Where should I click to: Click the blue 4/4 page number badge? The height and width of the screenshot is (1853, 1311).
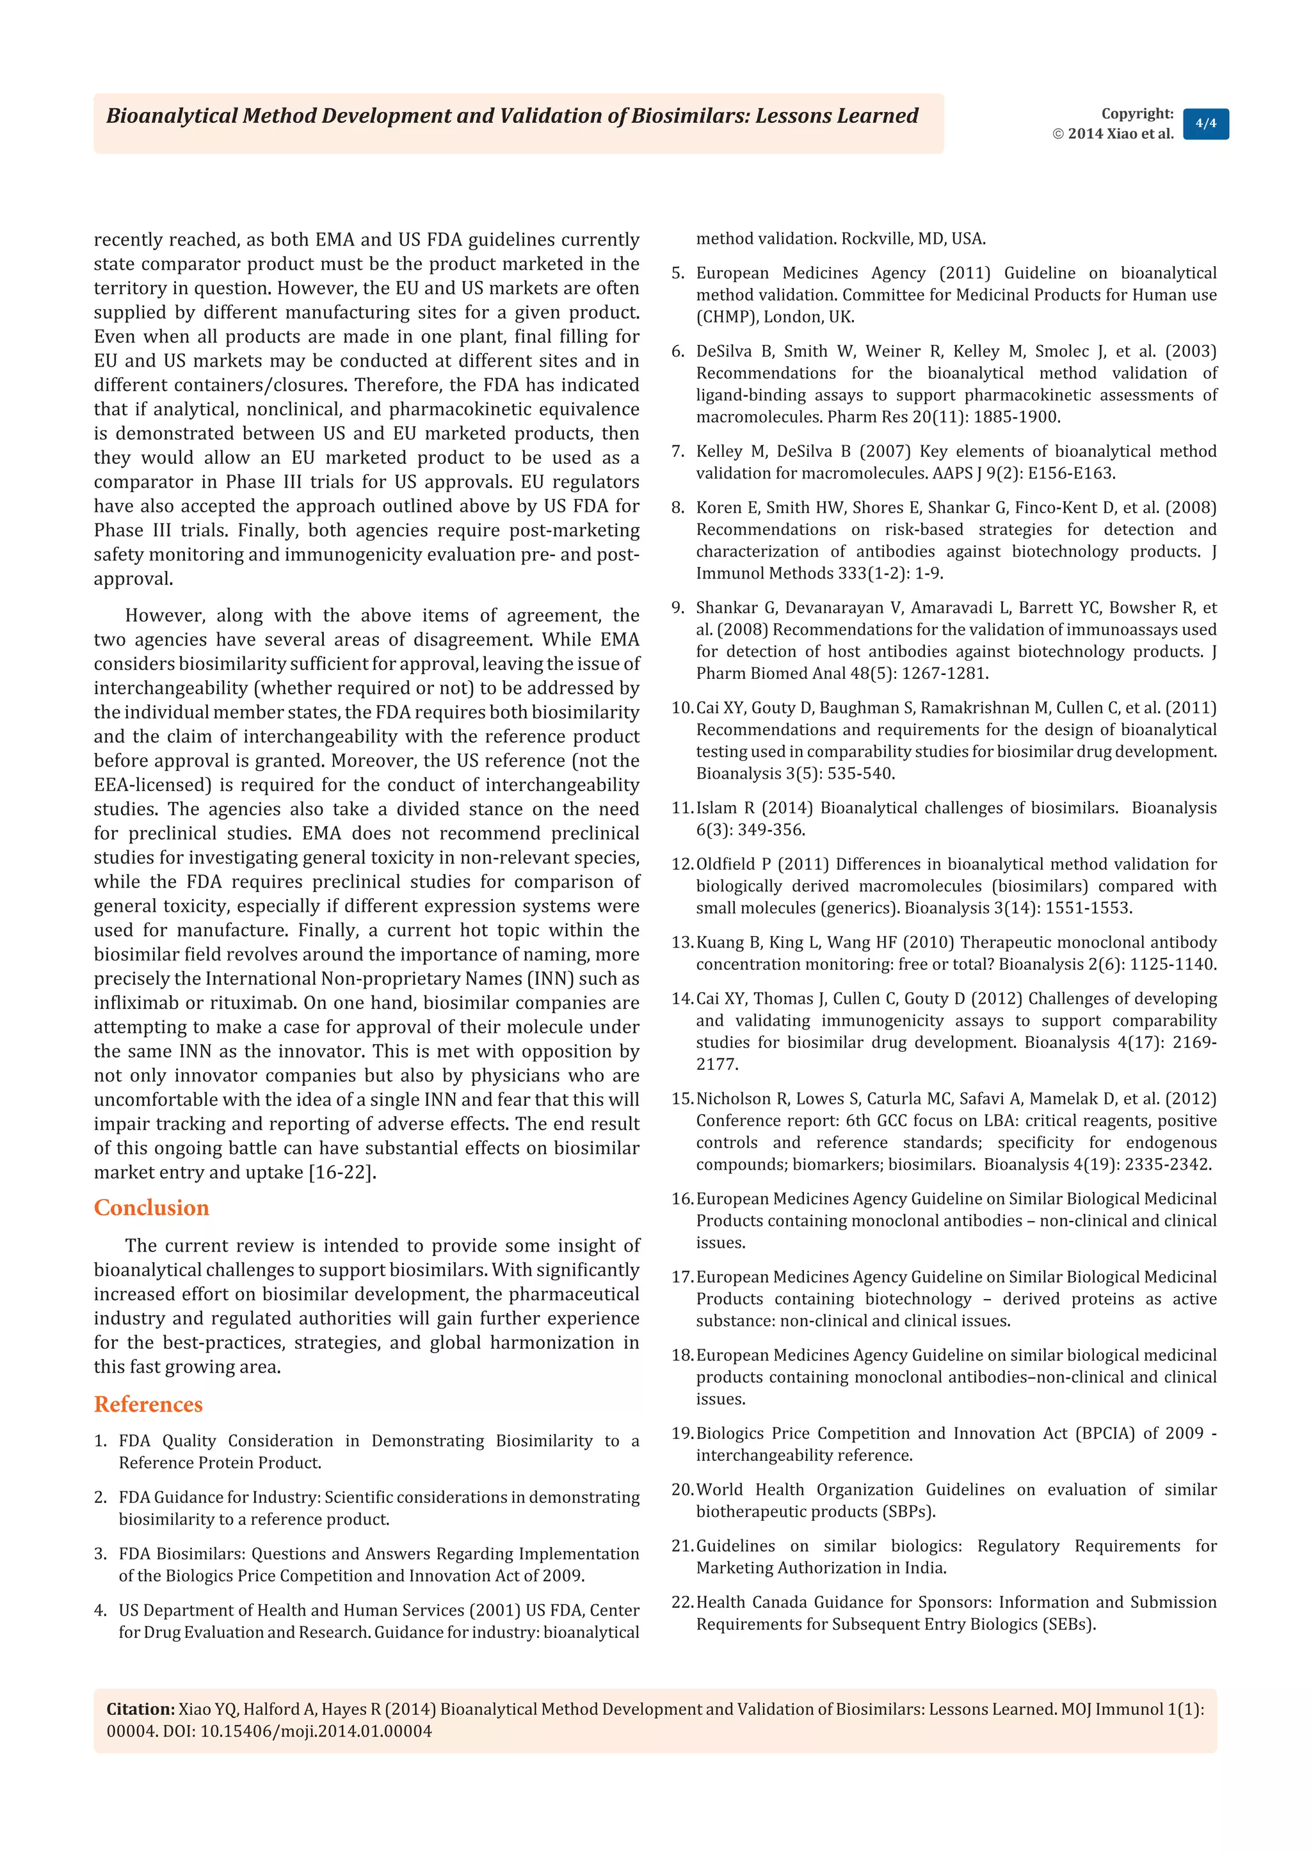1205,124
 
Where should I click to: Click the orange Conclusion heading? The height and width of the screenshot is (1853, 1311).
151,1207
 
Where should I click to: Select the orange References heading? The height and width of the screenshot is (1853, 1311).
148,1404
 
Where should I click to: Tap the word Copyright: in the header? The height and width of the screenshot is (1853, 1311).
1137,114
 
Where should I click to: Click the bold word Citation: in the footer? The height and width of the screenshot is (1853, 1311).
140,1708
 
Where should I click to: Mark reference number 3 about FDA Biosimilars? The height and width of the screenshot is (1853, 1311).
100,1554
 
